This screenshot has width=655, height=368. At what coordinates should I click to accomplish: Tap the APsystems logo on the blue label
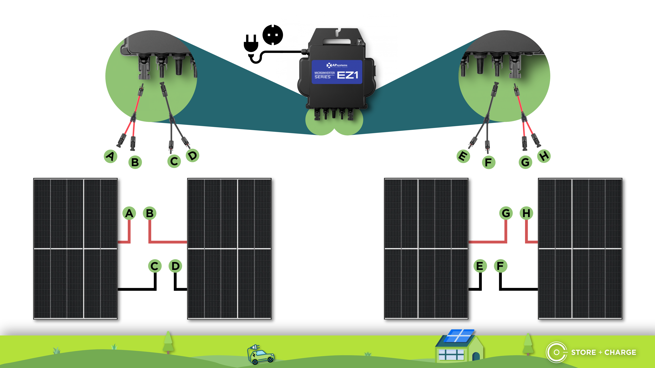click(337, 65)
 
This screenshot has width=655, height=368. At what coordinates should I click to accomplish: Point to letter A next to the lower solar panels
click(129, 213)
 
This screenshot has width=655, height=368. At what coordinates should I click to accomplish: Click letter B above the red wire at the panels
click(150, 213)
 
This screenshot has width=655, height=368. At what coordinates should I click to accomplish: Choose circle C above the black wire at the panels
click(155, 266)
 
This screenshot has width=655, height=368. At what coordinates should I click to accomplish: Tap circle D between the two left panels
click(176, 266)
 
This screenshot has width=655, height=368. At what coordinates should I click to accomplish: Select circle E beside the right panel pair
click(480, 266)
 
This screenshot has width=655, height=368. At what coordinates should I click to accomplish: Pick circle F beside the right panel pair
click(500, 266)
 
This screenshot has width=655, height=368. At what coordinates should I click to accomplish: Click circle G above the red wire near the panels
click(506, 213)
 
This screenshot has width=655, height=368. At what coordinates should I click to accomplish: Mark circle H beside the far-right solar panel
click(526, 213)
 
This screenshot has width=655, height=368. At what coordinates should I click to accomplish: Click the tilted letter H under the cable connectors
click(544, 156)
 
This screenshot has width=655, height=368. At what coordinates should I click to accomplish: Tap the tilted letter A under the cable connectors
click(111, 156)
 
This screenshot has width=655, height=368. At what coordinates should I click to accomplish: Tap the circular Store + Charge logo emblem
click(556, 352)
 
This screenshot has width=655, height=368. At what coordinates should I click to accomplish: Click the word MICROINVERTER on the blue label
click(324, 73)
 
